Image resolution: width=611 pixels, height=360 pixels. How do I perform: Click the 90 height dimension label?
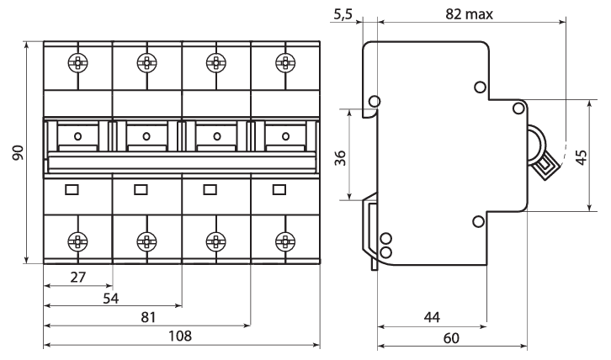pyautogui.click(x=19, y=152)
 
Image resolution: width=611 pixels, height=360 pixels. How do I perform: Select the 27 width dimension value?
pyautogui.click(x=78, y=277)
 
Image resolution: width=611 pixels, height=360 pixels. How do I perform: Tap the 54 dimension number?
pyautogui.click(x=110, y=299)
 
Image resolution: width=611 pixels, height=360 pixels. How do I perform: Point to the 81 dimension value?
pyautogui.click(x=148, y=317)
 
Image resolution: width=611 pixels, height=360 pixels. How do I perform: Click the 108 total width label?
pyautogui.click(x=180, y=336)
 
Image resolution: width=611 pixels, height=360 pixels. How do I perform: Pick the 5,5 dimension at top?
pyautogui.click(x=343, y=14)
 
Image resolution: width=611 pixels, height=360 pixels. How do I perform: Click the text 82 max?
pyautogui.click(x=469, y=14)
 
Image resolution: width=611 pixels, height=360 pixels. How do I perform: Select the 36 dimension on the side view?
pyautogui.click(x=340, y=158)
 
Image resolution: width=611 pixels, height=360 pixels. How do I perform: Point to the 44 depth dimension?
pyautogui.click(x=432, y=317)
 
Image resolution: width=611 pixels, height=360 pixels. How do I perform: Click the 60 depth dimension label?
pyautogui.click(x=451, y=338)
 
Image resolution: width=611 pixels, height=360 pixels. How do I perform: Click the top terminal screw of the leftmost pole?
pyautogui.click(x=77, y=62)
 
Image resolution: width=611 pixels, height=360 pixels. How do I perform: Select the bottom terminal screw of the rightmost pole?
pyautogui.click(x=285, y=241)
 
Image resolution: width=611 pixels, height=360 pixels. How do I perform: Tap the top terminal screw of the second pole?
pyautogui.click(x=147, y=62)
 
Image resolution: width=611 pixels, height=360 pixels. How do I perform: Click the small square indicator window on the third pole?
pyautogui.click(x=210, y=190)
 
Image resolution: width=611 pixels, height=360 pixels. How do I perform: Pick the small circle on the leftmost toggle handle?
pyautogui.click(x=77, y=136)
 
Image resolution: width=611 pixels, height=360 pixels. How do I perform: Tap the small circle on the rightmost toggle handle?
pyautogui.click(x=285, y=136)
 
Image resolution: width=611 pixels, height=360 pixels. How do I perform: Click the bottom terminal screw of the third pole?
pyautogui.click(x=216, y=241)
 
